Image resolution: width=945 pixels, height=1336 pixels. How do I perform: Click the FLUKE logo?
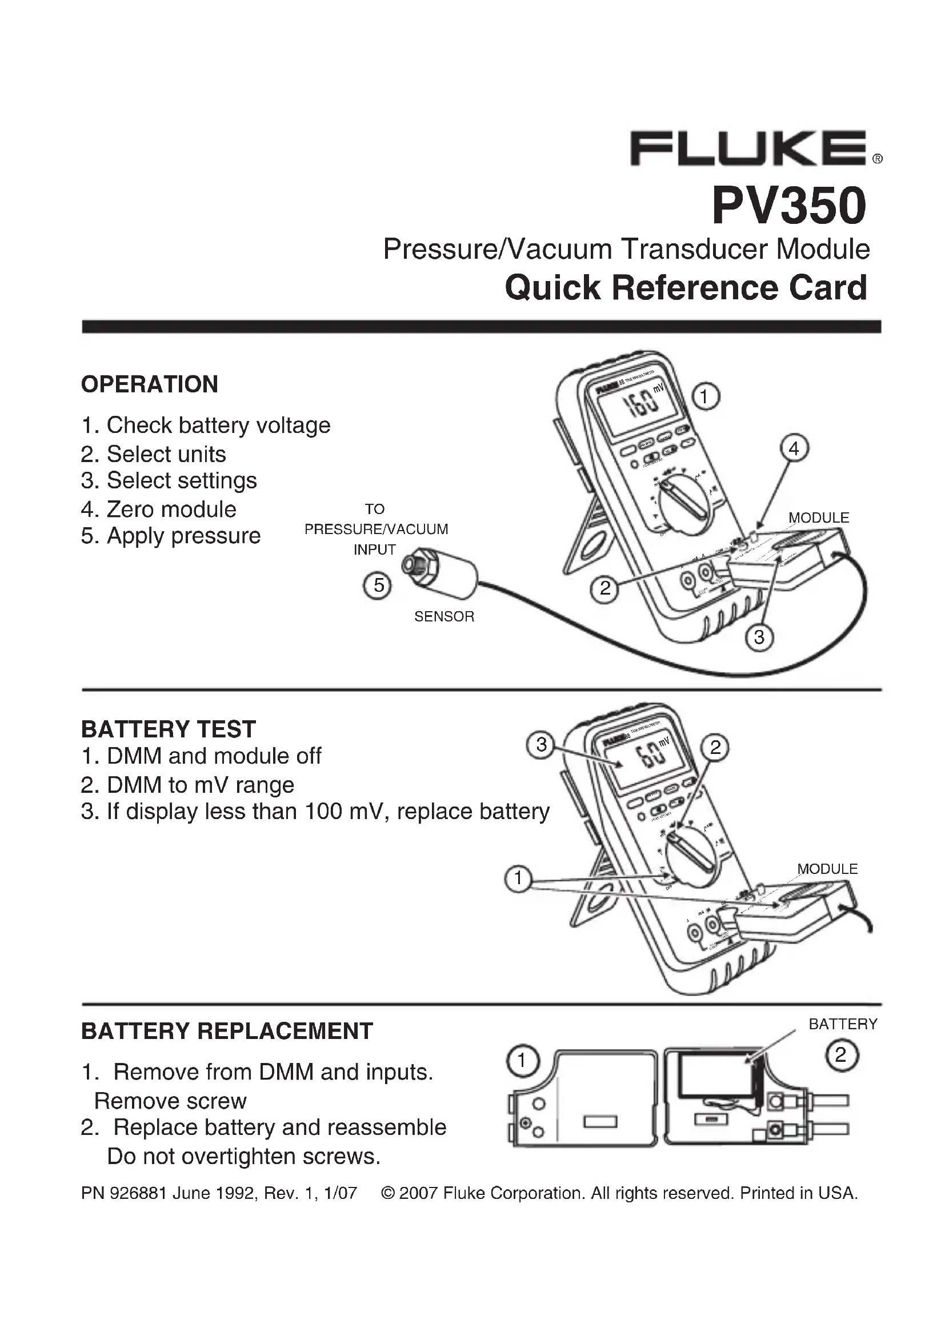(x=748, y=149)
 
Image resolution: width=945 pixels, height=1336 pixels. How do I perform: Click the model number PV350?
(x=789, y=206)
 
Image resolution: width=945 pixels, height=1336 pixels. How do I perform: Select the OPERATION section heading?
(x=150, y=384)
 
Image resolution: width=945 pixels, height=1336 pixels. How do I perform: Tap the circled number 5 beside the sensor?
(x=378, y=585)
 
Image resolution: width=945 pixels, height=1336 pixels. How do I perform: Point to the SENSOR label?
(x=444, y=617)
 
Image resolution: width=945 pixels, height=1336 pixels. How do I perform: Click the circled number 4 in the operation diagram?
(x=794, y=448)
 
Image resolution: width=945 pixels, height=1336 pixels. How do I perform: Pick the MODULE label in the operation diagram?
(x=818, y=518)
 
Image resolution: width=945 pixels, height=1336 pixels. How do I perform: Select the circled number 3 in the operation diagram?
(x=759, y=638)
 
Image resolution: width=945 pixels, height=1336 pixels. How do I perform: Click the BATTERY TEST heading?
(x=168, y=729)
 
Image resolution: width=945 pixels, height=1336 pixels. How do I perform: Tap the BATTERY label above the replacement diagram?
(x=843, y=1024)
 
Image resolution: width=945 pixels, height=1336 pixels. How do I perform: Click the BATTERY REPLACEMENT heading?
(x=227, y=1031)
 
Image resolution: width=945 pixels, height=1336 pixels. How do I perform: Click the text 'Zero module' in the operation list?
(x=171, y=509)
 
